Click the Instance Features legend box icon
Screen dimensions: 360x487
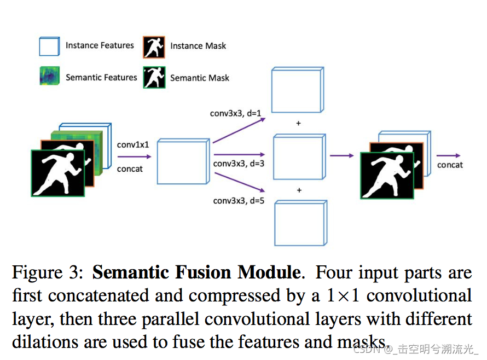pyautogui.click(x=49, y=46)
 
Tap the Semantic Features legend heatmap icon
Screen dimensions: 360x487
pyautogui.click(x=49, y=77)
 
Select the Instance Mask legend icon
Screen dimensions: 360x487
pyautogui.click(x=154, y=47)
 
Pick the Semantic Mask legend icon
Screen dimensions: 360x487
pyautogui.click(x=154, y=77)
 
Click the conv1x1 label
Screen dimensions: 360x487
pyautogui.click(x=132, y=145)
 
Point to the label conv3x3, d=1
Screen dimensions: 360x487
pyautogui.click(x=236, y=114)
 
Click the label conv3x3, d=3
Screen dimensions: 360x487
pyautogui.click(x=239, y=164)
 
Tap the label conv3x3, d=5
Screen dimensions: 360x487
pyautogui.click(x=239, y=201)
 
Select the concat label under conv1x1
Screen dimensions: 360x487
pyautogui.click(x=130, y=169)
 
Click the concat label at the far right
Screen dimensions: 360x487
pyautogui.click(x=450, y=165)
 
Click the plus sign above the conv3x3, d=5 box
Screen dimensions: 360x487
pyautogui.click(x=299, y=190)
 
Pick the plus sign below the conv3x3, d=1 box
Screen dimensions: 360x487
pyautogui.click(x=298, y=124)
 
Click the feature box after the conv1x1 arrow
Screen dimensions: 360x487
pyautogui.click(x=183, y=161)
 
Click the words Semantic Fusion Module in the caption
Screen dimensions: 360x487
pyautogui.click(x=196, y=272)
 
